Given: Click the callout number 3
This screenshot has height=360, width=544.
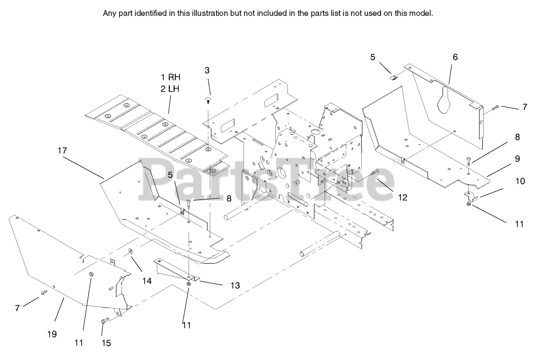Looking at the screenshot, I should point(207,70).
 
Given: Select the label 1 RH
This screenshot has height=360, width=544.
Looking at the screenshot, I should point(171,77).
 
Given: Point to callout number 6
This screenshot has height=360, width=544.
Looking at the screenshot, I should point(455,57).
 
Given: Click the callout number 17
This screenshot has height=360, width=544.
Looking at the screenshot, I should point(62,150).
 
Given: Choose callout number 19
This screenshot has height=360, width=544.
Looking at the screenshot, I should point(52,333).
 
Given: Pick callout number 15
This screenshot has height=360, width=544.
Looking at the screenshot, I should point(106,343).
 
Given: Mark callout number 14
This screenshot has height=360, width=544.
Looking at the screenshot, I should point(147,280).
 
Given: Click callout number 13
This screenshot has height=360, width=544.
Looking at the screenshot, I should point(235,285).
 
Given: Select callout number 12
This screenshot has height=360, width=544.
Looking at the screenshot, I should point(403,197).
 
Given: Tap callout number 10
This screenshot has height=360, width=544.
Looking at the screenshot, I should point(520,181).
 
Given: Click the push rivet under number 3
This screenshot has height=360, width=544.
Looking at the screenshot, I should point(207,100).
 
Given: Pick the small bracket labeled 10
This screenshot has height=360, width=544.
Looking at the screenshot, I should point(471,194).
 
